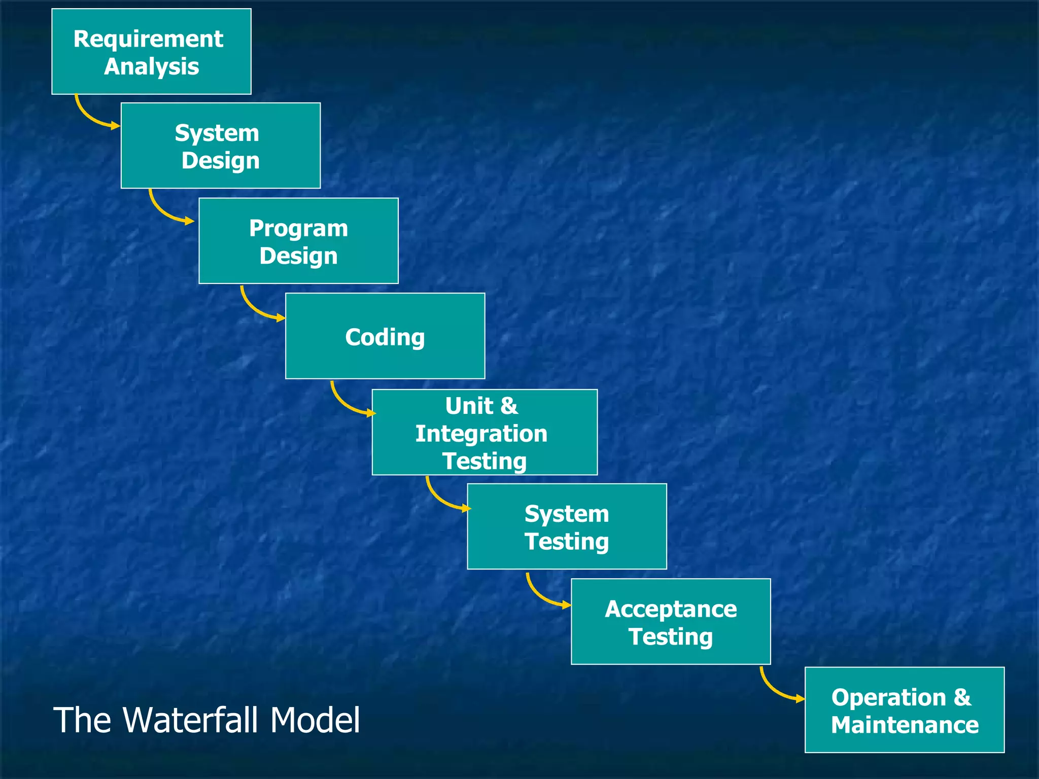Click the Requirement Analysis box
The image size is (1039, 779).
151,51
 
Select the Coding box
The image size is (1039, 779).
385,336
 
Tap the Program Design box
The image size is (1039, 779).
298,241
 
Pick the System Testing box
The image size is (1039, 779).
567,526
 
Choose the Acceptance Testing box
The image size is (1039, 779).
671,621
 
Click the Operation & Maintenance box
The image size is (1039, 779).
905,710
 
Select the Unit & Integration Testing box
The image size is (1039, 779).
484,432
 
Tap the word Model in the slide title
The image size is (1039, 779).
315,720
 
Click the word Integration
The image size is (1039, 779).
481,434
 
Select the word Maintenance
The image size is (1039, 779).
905,725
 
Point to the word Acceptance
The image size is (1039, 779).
671,609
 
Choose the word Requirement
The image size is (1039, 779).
148,39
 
